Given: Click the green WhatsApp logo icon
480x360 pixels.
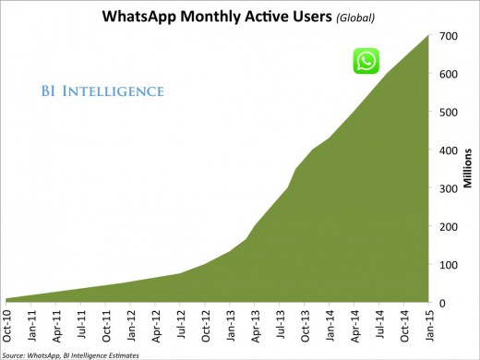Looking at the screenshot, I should (x=366, y=61).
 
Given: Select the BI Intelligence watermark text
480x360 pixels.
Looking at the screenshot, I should (x=102, y=90).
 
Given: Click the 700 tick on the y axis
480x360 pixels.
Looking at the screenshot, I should (x=449, y=37).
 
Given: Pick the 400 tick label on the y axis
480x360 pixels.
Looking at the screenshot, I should (x=449, y=150).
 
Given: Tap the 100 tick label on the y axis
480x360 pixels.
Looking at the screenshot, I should (x=449, y=265).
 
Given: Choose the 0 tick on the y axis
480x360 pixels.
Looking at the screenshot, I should (x=443, y=303).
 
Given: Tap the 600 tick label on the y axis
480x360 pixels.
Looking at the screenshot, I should (x=449, y=75).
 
